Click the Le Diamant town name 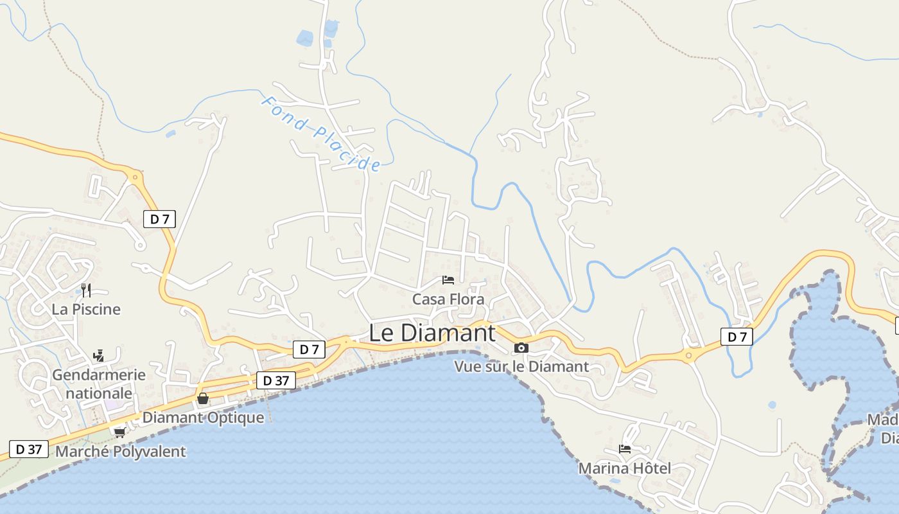click(x=432, y=333)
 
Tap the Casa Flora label click(x=448, y=299)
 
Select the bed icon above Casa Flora click(x=448, y=280)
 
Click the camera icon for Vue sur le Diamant click(x=521, y=348)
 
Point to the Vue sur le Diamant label click(x=521, y=367)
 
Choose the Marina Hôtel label click(x=625, y=468)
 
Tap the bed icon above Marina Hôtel click(x=625, y=449)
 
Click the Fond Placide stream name click(x=321, y=134)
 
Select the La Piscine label click(x=86, y=309)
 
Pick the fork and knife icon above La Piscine click(x=86, y=290)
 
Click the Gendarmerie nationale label click(x=99, y=384)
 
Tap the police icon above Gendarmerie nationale click(x=99, y=355)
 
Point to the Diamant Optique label click(x=203, y=418)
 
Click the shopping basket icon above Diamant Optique click(x=203, y=399)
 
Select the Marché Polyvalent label click(x=121, y=452)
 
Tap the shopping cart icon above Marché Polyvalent click(x=119, y=432)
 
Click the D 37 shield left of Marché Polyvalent click(x=29, y=449)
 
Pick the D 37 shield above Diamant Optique click(x=276, y=380)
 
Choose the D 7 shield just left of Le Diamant click(x=309, y=350)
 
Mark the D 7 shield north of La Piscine click(x=159, y=219)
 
